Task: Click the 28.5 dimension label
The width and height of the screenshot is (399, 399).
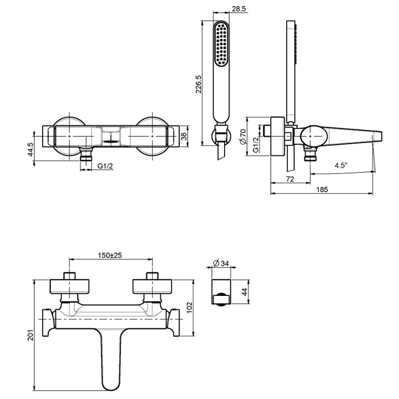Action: click(239, 9)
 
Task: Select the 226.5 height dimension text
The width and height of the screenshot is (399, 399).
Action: click(198, 84)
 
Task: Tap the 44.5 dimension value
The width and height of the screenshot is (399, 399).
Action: click(30, 149)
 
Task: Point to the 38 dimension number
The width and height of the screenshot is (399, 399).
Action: click(184, 136)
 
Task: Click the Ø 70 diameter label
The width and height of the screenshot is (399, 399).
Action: click(243, 137)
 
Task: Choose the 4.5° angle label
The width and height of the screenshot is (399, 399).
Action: click(341, 165)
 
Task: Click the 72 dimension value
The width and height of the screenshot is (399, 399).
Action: click(290, 179)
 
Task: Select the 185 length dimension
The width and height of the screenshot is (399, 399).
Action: click(322, 190)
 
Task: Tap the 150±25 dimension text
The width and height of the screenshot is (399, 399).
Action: click(110, 255)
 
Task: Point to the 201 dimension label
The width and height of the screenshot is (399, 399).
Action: click(30, 335)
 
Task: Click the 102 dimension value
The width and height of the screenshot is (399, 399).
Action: click(190, 308)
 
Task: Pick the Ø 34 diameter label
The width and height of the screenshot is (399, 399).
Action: click(221, 263)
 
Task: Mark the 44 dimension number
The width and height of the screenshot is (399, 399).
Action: click(245, 292)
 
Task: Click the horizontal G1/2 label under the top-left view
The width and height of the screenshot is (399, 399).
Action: click(105, 166)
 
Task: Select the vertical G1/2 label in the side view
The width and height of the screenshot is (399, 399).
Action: click(256, 145)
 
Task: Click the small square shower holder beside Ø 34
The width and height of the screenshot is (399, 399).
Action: click(221, 292)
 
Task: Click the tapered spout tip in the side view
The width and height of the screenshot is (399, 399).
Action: click(377, 136)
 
